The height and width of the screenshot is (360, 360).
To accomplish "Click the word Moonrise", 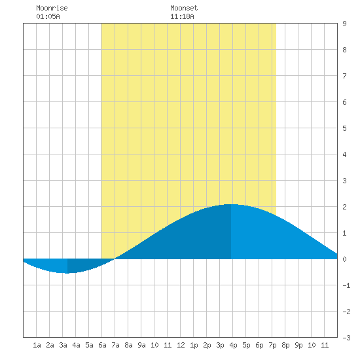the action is click(52, 8).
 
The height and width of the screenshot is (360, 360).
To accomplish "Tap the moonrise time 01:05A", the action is click(48, 16).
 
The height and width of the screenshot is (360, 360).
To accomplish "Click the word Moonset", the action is click(184, 8).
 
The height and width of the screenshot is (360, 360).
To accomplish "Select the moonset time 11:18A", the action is click(182, 16).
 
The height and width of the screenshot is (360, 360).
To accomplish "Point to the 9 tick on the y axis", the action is click(344, 24).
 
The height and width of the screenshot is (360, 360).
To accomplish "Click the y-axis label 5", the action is click(344, 128).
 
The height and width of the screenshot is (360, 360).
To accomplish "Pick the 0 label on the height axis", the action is click(344, 259).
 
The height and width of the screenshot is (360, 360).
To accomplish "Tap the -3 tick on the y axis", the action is click(346, 338).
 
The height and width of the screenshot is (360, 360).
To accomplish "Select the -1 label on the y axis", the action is click(346, 285).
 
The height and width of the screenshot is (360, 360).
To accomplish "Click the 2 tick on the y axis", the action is click(344, 207).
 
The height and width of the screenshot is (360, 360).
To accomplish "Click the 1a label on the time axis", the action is click(37, 345).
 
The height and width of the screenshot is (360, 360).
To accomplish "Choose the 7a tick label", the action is click(115, 345).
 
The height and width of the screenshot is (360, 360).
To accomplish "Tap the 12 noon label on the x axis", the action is click(181, 345).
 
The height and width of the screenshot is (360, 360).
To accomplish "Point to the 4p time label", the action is click(233, 345).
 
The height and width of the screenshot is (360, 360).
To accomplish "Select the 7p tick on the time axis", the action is click(272, 345).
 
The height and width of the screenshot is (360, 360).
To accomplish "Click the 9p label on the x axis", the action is click(298, 345).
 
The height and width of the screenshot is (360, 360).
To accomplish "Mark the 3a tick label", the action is click(63, 345).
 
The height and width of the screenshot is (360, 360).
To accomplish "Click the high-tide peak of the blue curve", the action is click(231, 204).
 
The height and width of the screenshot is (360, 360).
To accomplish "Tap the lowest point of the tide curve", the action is click(67, 273).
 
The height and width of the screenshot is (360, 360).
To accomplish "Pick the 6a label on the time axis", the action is click(102, 345).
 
